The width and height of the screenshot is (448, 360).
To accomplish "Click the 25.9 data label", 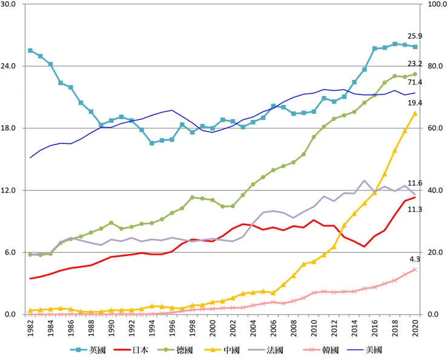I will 415,36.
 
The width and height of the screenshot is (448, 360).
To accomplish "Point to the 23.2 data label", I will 415,63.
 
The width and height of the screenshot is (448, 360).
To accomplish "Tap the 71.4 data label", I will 415,82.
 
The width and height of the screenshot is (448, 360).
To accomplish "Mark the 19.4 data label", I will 415,103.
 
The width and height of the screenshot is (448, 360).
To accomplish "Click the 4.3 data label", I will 415,259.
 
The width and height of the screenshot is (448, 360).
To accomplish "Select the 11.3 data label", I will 415,209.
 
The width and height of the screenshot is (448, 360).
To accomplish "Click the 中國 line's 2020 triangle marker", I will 415,113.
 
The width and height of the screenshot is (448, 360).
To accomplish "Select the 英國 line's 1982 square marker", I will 30,50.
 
